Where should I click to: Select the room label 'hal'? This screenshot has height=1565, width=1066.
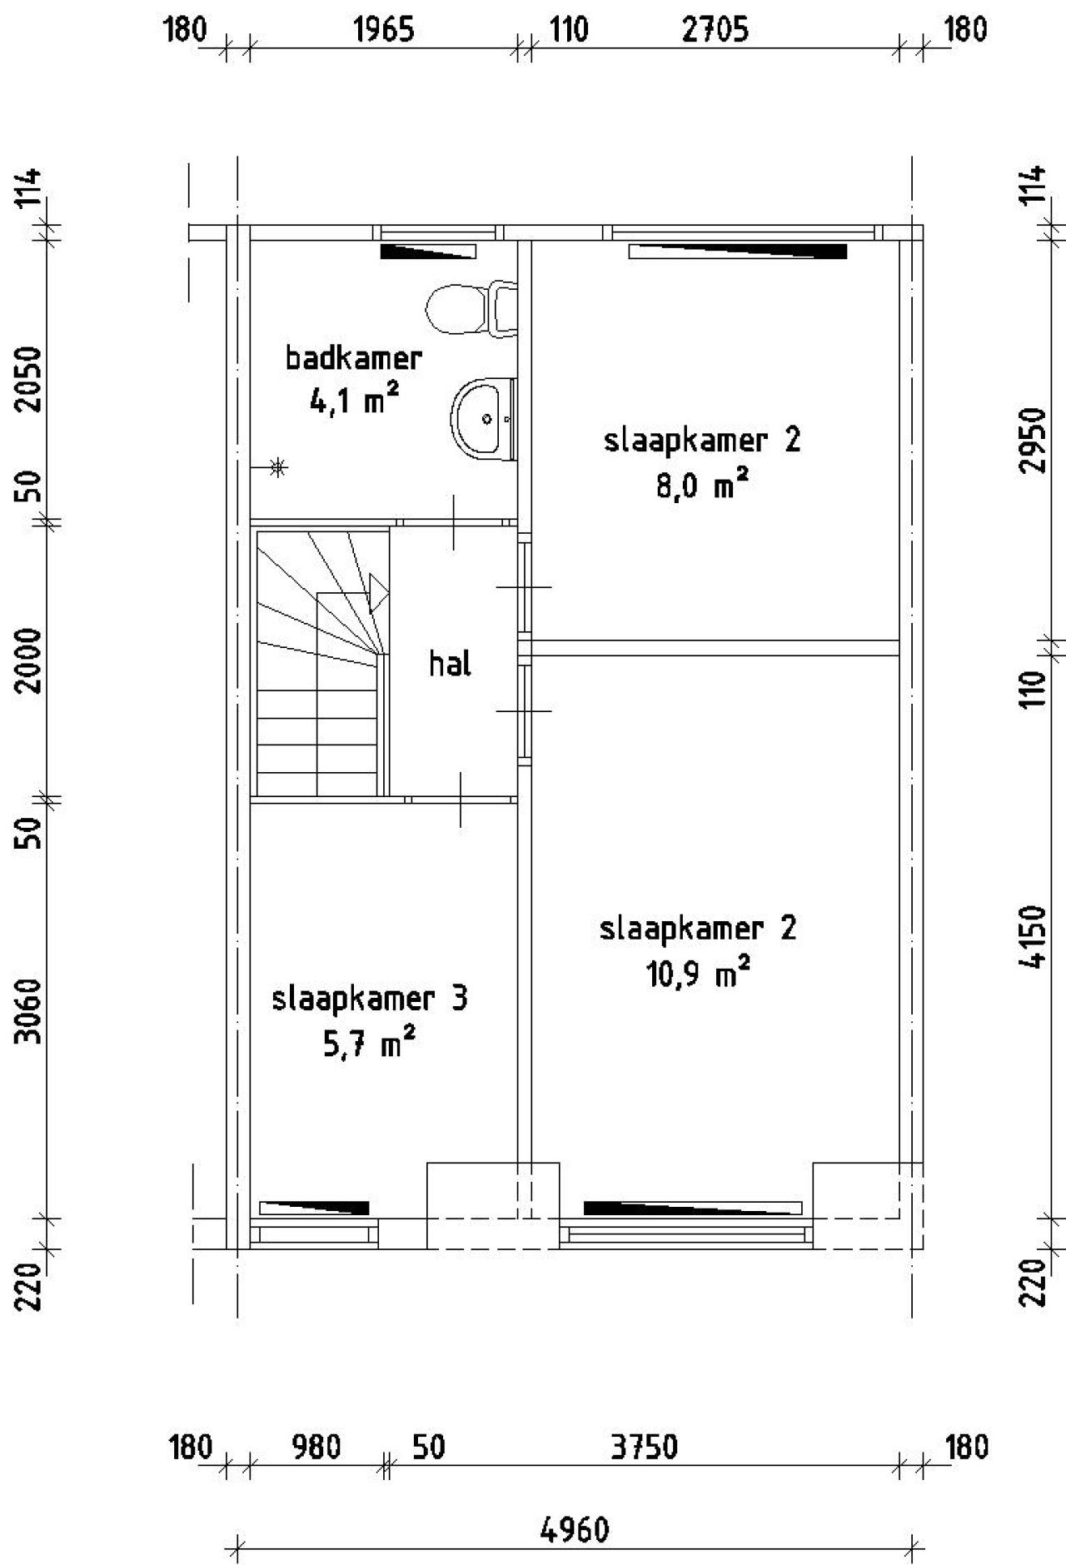click(x=451, y=664)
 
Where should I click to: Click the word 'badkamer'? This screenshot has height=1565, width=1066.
click(x=354, y=358)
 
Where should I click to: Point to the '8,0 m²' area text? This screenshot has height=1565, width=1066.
click(x=701, y=485)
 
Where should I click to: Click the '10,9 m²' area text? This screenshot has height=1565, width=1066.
click(x=698, y=973)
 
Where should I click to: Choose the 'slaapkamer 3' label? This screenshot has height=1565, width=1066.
click(x=370, y=998)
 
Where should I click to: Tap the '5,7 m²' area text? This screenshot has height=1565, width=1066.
click(x=369, y=1044)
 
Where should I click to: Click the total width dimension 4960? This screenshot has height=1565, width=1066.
click(x=575, y=1529)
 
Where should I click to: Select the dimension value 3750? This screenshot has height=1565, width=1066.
click(x=644, y=1447)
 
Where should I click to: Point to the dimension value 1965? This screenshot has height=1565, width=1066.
click(x=384, y=30)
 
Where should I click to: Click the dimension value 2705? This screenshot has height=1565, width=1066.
click(x=715, y=30)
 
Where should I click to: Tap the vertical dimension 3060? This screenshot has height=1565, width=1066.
click(x=30, y=1009)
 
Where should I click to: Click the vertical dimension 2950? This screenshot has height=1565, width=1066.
click(x=1034, y=440)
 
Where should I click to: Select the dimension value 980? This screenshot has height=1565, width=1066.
click(x=316, y=1447)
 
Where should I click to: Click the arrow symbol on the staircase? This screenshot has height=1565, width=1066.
click(x=377, y=592)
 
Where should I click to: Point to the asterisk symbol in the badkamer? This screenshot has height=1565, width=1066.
click(x=279, y=467)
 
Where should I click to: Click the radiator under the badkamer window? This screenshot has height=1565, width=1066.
click(x=428, y=252)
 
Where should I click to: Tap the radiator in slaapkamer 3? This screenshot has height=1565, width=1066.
click(x=314, y=1207)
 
